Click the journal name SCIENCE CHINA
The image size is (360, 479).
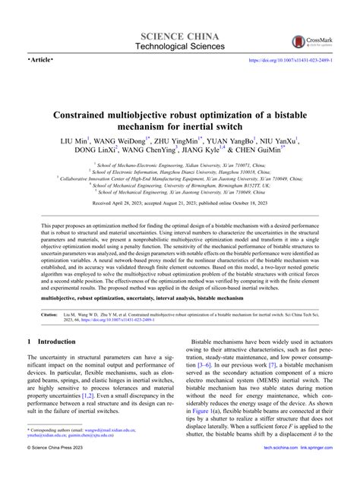coord(180,36)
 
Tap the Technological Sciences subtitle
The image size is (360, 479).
coord(180,48)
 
